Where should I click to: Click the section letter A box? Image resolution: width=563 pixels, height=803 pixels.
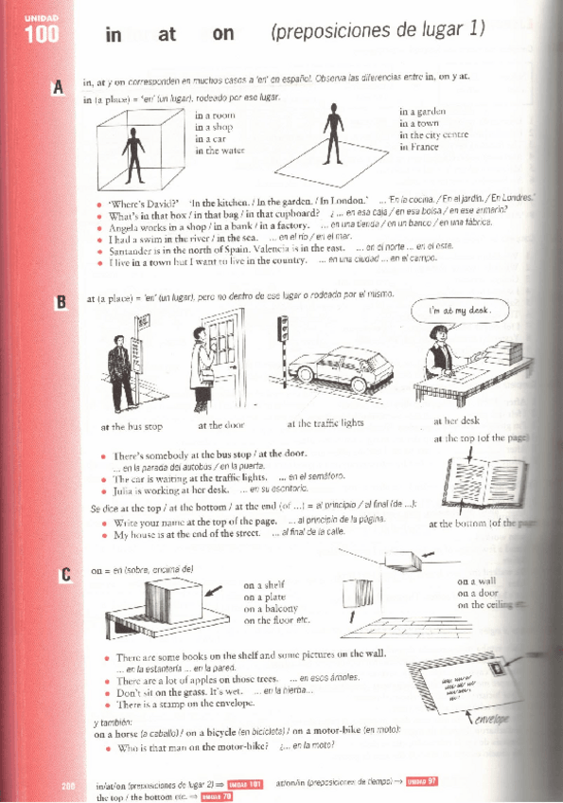[x=59, y=88]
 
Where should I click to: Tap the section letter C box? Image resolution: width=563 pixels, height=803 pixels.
[x=63, y=574]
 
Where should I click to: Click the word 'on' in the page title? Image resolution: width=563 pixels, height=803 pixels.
[x=223, y=35]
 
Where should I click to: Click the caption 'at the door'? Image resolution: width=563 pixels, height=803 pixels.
[x=220, y=424]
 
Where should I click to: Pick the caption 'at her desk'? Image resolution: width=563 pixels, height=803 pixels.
[x=456, y=421]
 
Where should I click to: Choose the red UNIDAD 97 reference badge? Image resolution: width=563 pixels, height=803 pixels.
[x=420, y=781]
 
